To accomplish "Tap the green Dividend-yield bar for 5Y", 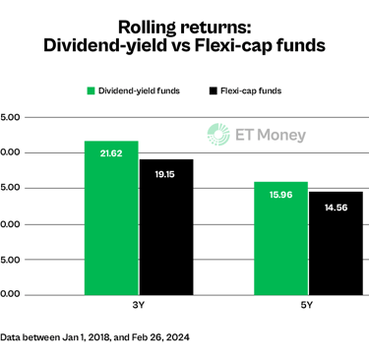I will (x=280, y=241).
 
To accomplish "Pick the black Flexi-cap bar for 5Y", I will (x=335, y=246).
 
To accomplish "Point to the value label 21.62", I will (x=111, y=152).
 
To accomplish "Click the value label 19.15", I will (x=165, y=172).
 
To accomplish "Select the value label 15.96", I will (x=280, y=194).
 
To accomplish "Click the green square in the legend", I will (x=91, y=90).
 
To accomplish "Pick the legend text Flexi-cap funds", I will (x=251, y=90).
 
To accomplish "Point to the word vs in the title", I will (x=183, y=44).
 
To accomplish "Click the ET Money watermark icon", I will (x=216, y=135).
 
